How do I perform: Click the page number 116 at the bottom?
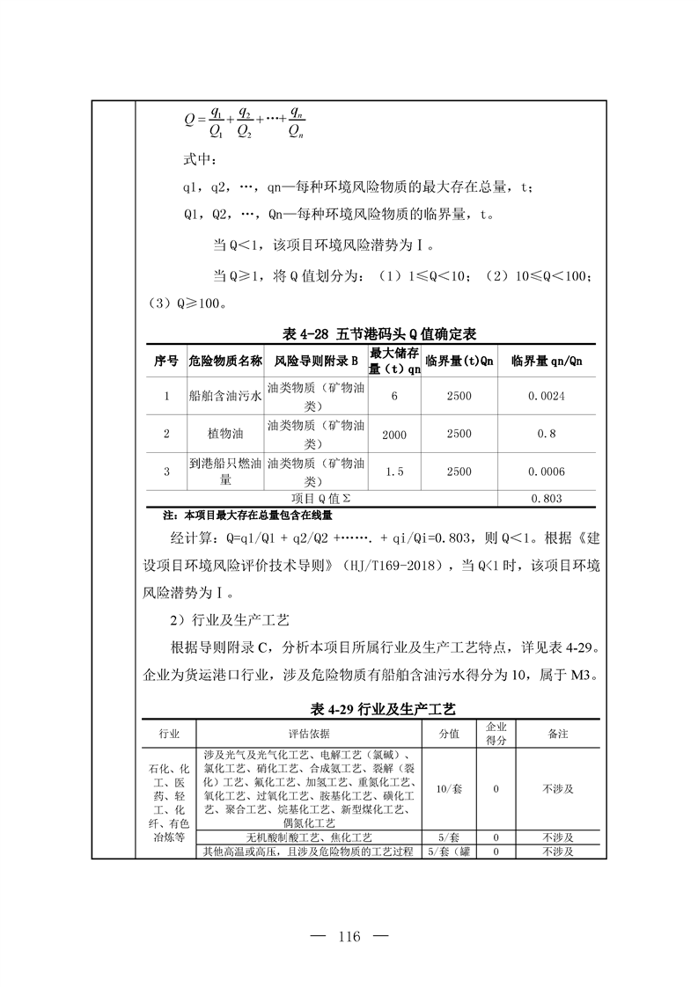click(x=349, y=936)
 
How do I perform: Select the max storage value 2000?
click(x=394, y=434)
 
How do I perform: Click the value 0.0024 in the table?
click(x=546, y=397)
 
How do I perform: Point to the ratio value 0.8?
click(x=546, y=434)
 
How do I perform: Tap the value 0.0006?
click(x=546, y=471)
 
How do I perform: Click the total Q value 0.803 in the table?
click(x=546, y=498)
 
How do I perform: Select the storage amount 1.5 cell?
click(x=394, y=471)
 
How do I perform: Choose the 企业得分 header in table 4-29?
click(x=496, y=733)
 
